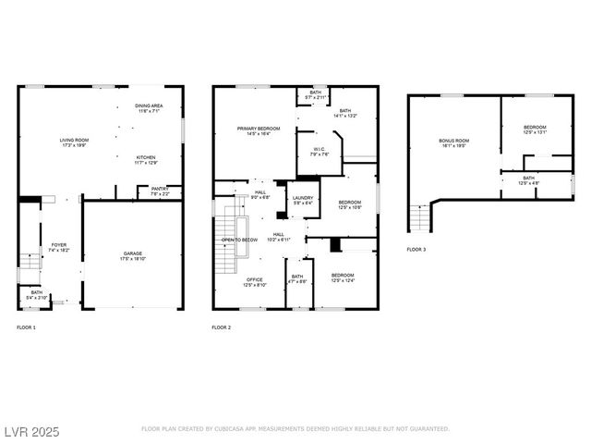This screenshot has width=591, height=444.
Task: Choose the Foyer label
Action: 58,247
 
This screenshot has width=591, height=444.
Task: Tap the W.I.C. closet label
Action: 318,152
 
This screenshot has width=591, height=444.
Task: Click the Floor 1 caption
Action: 27,327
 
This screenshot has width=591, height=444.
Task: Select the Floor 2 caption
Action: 221,327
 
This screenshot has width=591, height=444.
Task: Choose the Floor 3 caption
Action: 416,250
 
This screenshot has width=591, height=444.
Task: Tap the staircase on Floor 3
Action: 420,219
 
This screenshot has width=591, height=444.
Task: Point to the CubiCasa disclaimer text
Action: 295,429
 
